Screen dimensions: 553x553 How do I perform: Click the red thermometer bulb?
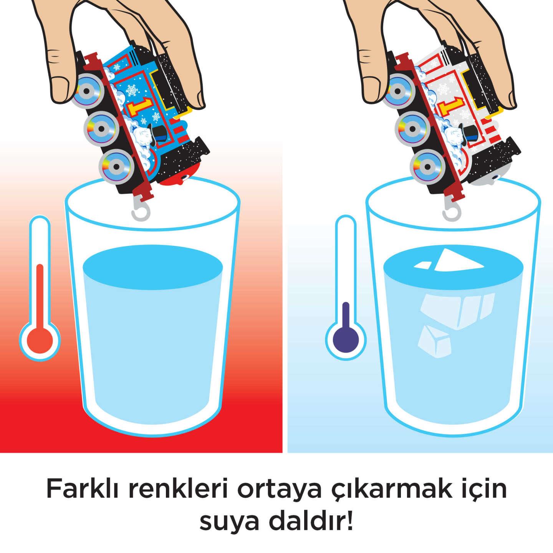[x=40, y=339]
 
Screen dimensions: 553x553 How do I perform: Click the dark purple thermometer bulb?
[x=346, y=339]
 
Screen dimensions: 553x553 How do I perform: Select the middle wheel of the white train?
[x=411, y=127]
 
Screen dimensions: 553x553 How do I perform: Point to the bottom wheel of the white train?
[x=426, y=165]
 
